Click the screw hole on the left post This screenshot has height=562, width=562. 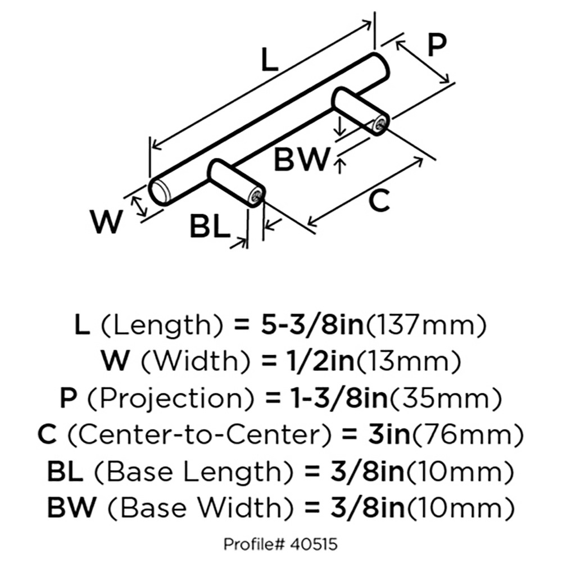point(257,197)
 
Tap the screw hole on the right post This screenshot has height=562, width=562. point(382,124)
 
